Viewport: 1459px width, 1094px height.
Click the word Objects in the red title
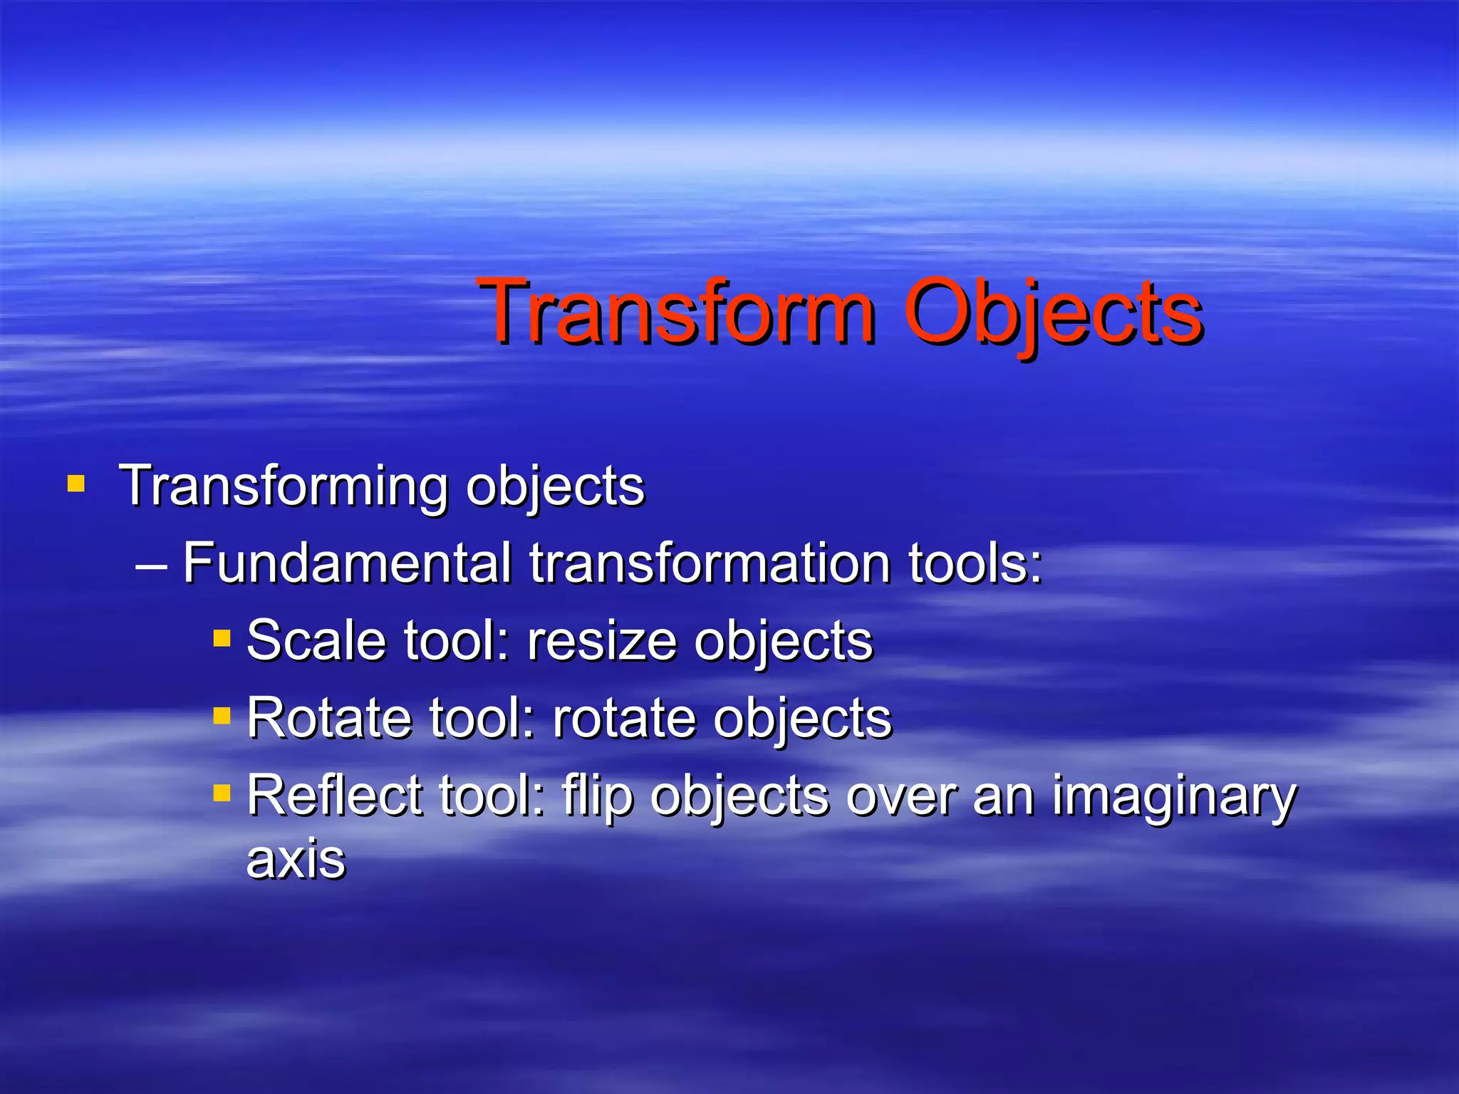pos(1053,313)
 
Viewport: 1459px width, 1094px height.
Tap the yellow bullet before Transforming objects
pos(76,484)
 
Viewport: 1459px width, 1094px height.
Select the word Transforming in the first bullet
pos(284,487)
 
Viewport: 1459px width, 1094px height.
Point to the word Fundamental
pos(347,563)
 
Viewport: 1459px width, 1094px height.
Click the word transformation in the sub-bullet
pos(710,563)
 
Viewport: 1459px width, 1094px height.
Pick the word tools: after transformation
pos(975,563)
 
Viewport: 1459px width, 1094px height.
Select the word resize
pos(602,640)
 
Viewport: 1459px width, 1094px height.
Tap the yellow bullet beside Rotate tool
pos(222,714)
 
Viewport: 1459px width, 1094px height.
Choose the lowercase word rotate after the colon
pos(624,717)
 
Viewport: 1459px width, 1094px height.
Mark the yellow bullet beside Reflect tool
pos(222,792)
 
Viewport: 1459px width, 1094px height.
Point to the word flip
pos(597,796)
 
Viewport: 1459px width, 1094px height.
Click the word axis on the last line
pos(296,859)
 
